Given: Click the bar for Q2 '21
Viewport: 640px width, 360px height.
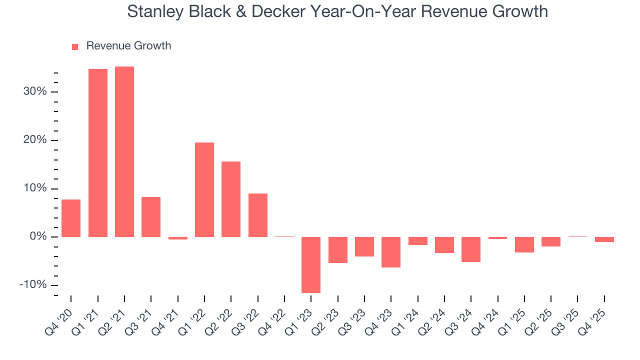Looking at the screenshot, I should pyautogui.click(x=124, y=151).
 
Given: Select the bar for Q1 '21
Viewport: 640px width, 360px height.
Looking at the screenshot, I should pyautogui.click(x=98, y=153).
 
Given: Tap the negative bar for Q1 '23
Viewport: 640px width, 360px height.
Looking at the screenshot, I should pyautogui.click(x=311, y=264).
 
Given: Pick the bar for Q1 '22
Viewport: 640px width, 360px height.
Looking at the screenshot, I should pyautogui.click(x=204, y=189).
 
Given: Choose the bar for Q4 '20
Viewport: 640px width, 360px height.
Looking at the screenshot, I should pyautogui.click(x=71, y=218).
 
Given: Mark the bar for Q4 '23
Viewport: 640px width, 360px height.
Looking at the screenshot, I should pyautogui.click(x=391, y=252).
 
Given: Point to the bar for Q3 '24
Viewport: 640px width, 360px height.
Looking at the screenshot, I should pyautogui.click(x=471, y=249).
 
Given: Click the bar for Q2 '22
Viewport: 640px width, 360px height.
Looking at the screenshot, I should pyautogui.click(x=231, y=199).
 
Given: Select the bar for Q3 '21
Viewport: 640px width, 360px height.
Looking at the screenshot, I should pyautogui.click(x=151, y=216).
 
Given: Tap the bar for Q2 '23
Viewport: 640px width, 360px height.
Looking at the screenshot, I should pyautogui.click(x=338, y=249).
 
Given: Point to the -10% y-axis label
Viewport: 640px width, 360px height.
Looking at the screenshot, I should pyautogui.click(x=33, y=285).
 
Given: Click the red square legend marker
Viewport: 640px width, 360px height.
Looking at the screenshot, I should pyautogui.click(x=75, y=46).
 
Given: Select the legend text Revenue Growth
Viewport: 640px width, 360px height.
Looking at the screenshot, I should pyautogui.click(x=128, y=46).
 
